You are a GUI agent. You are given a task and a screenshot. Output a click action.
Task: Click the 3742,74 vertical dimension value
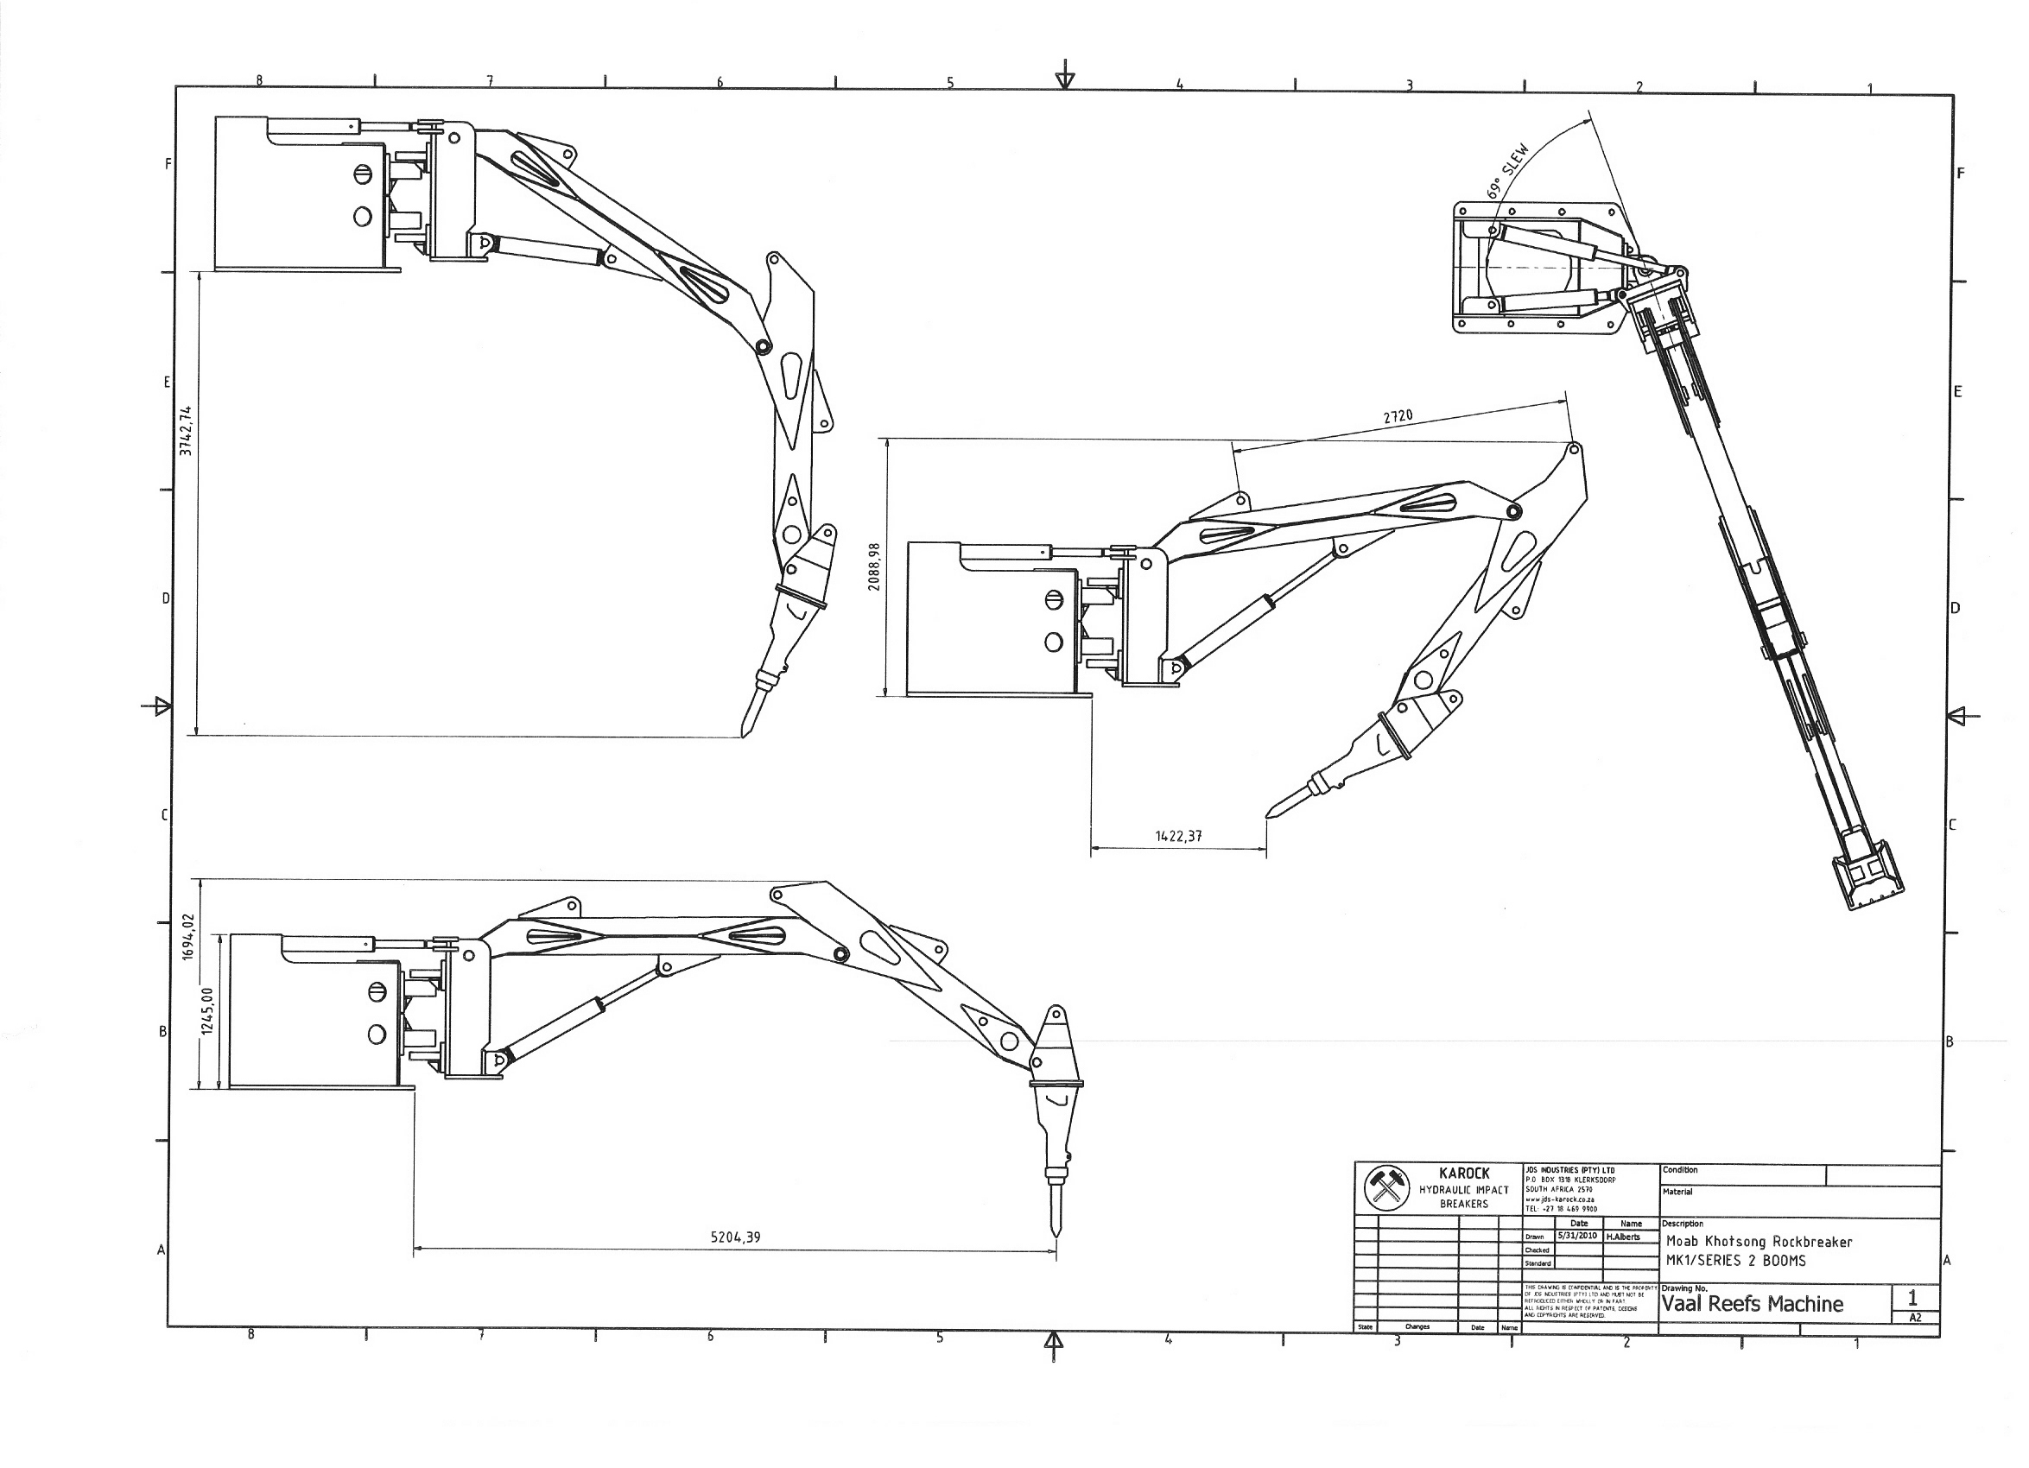[x=185, y=430]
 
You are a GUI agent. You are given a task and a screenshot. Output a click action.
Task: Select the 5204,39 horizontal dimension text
[x=735, y=1237]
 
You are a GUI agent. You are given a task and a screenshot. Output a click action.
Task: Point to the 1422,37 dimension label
[x=1178, y=837]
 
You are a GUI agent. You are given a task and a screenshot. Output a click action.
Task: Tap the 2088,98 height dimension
[x=874, y=567]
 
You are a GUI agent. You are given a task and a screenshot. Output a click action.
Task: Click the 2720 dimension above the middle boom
[x=1398, y=416]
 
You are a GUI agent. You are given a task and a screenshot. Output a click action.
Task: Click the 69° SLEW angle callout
[x=1508, y=171]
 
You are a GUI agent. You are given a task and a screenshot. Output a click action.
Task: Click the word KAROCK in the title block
[x=1463, y=1174]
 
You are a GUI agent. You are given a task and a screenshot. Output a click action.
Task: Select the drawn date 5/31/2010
[x=1578, y=1236]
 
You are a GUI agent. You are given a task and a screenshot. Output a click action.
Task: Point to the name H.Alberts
[x=1623, y=1237]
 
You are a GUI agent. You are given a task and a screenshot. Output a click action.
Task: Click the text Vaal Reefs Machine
[x=1752, y=1303]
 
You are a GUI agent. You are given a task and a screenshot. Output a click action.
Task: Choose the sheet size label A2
[x=1914, y=1318]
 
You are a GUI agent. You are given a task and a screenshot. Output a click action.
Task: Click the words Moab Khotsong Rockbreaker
[x=1759, y=1242]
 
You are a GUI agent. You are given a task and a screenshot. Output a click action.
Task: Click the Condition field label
[x=1679, y=1170]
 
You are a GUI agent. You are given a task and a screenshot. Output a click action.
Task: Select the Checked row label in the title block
[x=1537, y=1250]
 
